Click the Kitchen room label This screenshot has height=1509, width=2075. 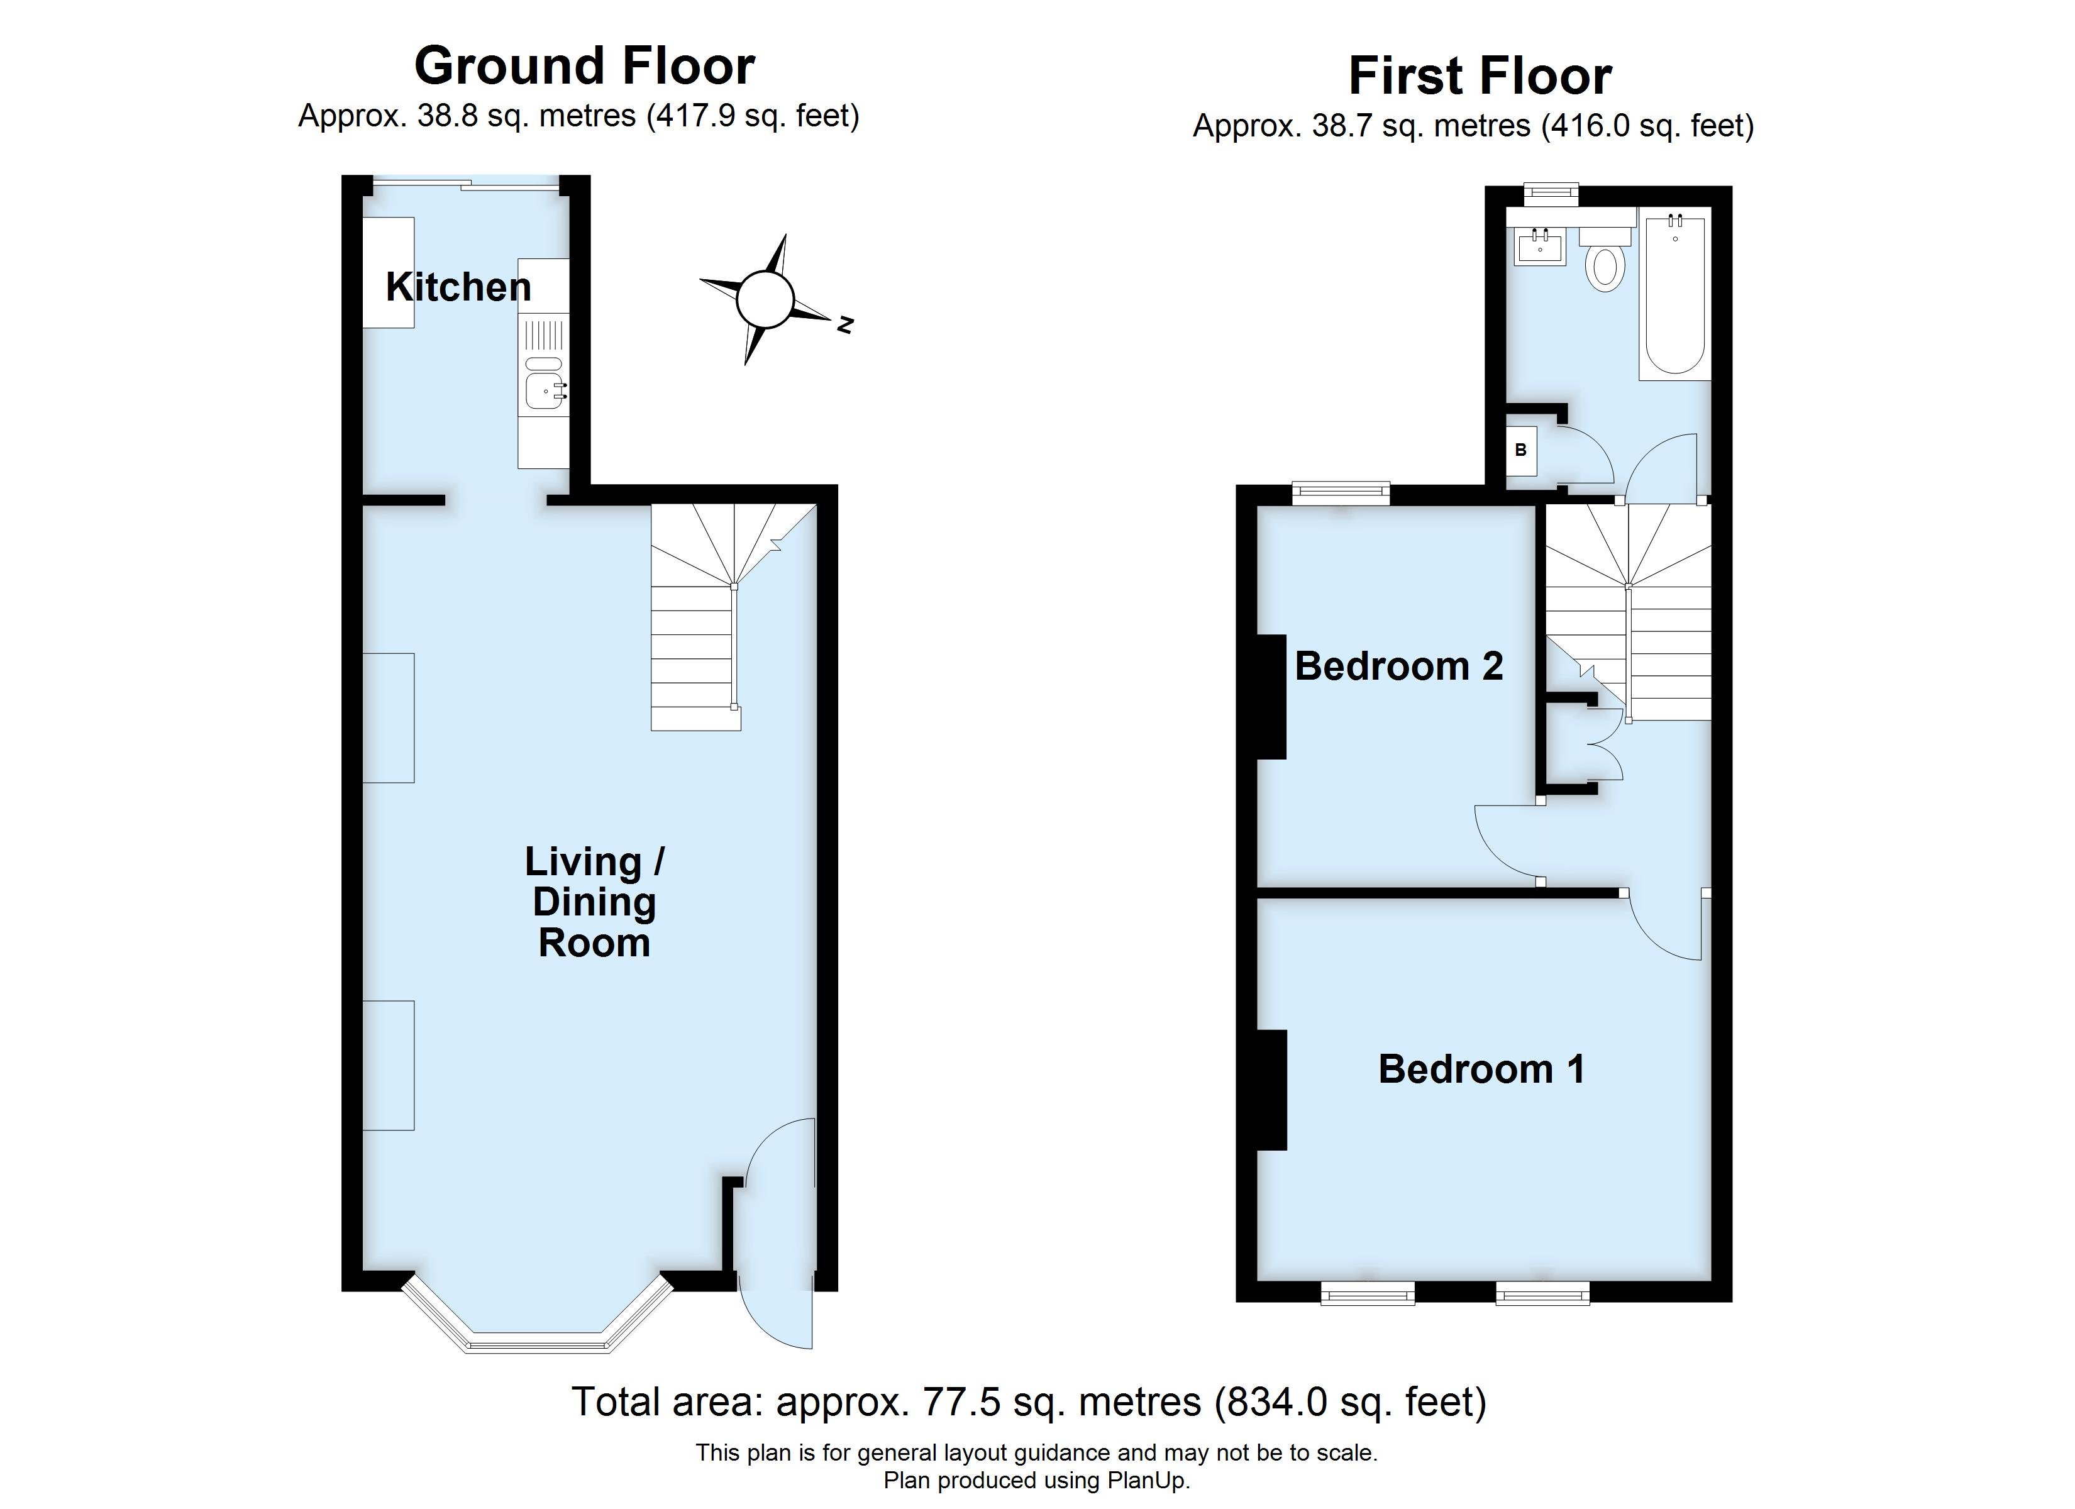[458, 287]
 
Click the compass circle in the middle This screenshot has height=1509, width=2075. [764, 299]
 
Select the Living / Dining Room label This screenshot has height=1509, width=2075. [595, 902]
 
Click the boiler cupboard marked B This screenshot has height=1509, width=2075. [1522, 450]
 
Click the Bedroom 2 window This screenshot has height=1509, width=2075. [1341, 495]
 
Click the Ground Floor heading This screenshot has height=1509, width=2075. [585, 66]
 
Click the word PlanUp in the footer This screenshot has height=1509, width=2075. [1148, 1481]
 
